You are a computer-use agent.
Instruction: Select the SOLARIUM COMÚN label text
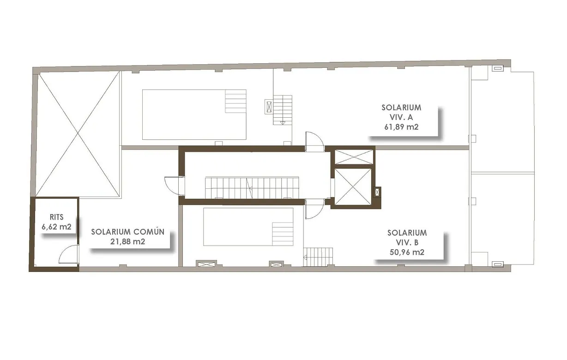(x=127, y=232)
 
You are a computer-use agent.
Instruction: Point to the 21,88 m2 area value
(x=127, y=241)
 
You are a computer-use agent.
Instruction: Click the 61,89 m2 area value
(x=401, y=127)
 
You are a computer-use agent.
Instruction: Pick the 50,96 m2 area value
(x=407, y=252)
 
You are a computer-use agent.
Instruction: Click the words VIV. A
(x=401, y=117)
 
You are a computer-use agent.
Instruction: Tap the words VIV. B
(x=407, y=243)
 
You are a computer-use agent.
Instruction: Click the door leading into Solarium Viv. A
(x=315, y=140)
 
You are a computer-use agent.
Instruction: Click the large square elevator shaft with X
(x=352, y=186)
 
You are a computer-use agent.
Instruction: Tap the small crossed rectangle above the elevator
(x=353, y=157)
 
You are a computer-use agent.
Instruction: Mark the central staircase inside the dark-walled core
(x=252, y=188)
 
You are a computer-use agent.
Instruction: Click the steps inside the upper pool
(x=235, y=101)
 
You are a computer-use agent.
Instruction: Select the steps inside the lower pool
(x=283, y=234)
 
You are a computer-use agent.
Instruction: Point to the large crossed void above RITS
(x=78, y=134)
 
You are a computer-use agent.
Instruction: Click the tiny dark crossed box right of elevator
(x=378, y=191)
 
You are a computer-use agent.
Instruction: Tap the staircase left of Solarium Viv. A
(x=283, y=110)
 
